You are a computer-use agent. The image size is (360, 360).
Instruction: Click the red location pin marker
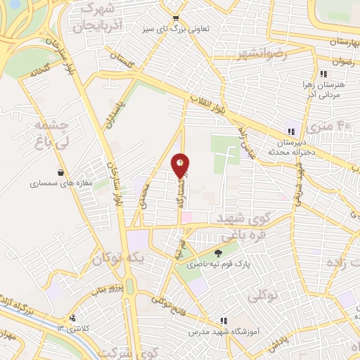181,165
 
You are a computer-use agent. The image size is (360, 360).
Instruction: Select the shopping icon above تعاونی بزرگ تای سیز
175,18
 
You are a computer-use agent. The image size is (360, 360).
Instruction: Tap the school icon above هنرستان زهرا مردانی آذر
323,74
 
